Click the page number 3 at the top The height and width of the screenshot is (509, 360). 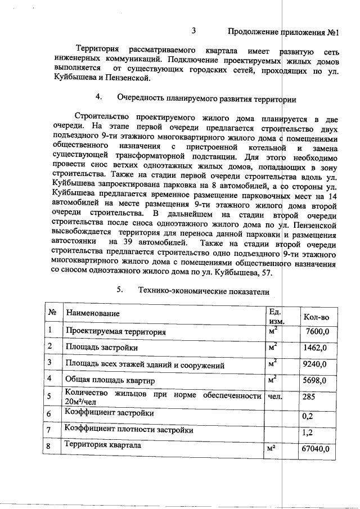(194, 30)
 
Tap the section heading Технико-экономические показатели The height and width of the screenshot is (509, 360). (203, 291)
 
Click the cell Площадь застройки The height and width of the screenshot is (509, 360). (102, 348)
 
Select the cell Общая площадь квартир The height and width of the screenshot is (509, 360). (109, 380)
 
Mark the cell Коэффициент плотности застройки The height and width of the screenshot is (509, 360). (129, 430)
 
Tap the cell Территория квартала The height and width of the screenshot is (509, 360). (103, 445)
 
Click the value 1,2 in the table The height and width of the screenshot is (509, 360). (307, 433)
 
